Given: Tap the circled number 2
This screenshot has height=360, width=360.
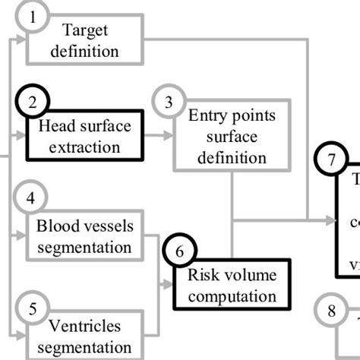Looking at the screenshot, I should click(33, 102).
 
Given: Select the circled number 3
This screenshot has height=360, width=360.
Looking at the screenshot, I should click(168, 102).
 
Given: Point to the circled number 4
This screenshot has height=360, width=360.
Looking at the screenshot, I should click(31, 199).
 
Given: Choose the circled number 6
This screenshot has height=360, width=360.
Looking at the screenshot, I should click(179, 250).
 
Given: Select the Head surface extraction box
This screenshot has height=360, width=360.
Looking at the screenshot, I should click(84, 136).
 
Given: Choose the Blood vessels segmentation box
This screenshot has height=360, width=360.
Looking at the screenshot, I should click(84, 235).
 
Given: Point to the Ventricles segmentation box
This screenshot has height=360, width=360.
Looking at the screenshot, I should click(84, 336).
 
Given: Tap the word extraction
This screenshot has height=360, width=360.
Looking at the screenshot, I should click(84, 147).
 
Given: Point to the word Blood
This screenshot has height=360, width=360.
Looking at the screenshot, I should click(55, 226).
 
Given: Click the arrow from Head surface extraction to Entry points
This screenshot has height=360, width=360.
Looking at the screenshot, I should click(158, 137).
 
